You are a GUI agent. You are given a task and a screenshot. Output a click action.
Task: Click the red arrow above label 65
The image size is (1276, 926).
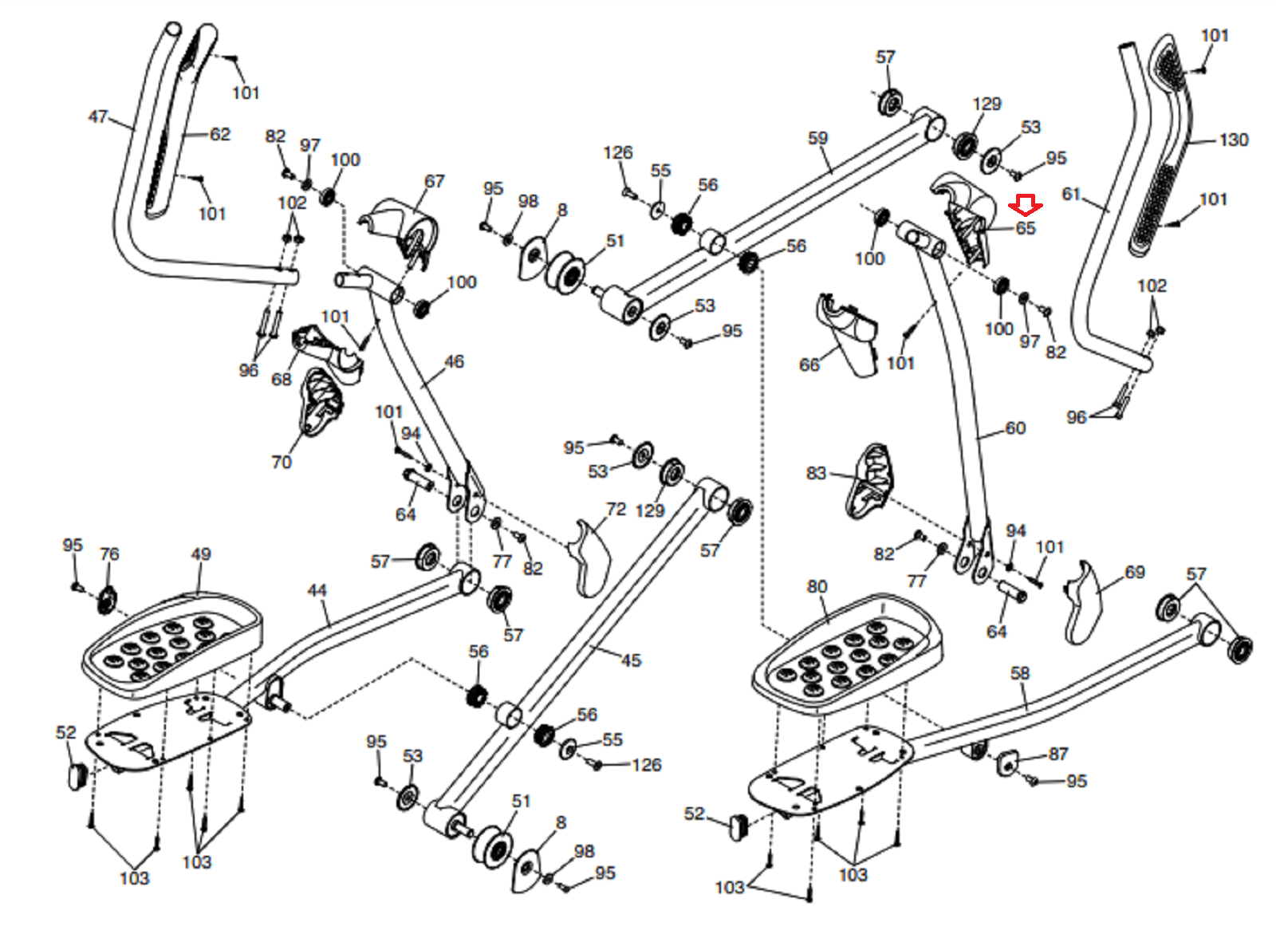tap(1026, 206)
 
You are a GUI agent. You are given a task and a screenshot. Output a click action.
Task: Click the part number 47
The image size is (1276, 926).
tap(98, 116)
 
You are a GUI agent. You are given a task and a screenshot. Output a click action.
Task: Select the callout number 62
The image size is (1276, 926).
tap(220, 135)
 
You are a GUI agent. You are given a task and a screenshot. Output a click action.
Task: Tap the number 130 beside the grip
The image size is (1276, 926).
tap(1234, 140)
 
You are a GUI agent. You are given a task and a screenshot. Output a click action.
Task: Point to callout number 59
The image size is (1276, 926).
tap(818, 138)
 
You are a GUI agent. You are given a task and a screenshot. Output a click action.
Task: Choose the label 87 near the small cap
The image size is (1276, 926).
tap(1057, 754)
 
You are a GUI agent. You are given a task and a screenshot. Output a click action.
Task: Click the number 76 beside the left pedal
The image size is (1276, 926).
tap(109, 554)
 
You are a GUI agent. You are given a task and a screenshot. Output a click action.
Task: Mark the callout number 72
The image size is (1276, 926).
tap(616, 509)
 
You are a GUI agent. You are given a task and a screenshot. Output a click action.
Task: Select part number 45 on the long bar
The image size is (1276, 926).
tap(631, 660)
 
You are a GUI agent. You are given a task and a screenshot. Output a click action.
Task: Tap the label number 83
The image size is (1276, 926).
tap(816, 473)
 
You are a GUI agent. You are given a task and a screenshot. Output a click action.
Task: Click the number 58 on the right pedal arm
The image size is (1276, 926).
tap(1020, 673)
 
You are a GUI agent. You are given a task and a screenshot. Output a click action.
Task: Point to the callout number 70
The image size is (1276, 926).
tap(282, 462)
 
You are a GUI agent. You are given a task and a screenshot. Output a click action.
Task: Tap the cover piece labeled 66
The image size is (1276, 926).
tap(848, 334)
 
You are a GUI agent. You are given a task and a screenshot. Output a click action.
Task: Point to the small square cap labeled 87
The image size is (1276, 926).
tap(1008, 762)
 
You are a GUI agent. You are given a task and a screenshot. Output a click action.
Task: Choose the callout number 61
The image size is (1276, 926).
tap(1071, 194)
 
